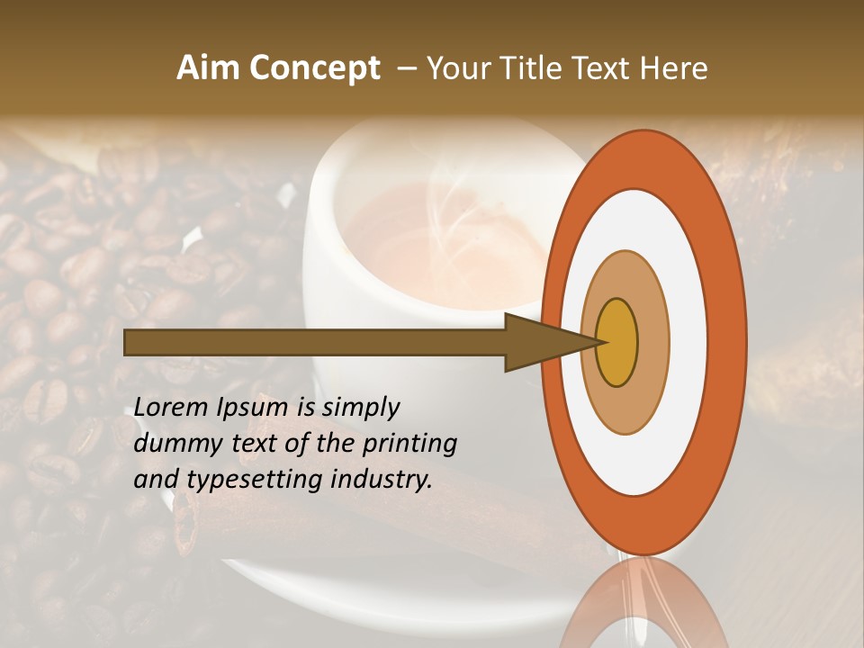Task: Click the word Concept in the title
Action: tap(314, 68)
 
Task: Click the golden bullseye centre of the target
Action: tap(616, 342)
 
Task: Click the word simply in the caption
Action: tap(360, 408)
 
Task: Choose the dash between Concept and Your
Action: tap(406, 68)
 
